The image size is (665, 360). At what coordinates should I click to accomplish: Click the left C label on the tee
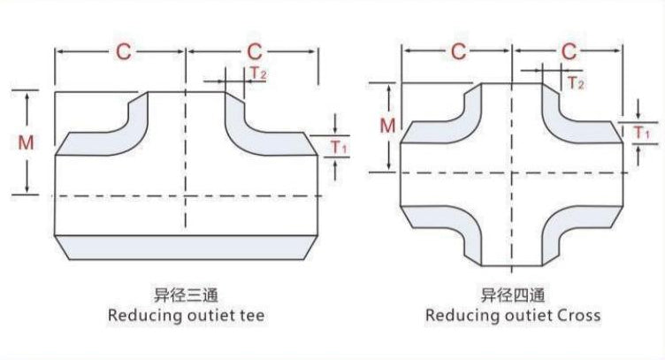(x=122, y=51)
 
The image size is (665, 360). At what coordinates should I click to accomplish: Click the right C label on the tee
(x=253, y=51)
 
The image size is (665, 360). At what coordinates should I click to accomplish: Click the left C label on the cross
(x=457, y=51)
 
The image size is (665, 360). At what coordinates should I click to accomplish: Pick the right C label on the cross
(x=570, y=51)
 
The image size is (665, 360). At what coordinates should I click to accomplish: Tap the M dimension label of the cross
(x=387, y=126)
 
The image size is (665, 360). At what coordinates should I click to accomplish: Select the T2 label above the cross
(x=576, y=83)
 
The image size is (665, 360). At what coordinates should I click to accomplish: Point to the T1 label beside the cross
(x=643, y=133)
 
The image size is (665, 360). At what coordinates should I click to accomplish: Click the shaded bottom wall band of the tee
(x=186, y=247)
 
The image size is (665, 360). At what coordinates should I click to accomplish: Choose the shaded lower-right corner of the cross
(x=579, y=230)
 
